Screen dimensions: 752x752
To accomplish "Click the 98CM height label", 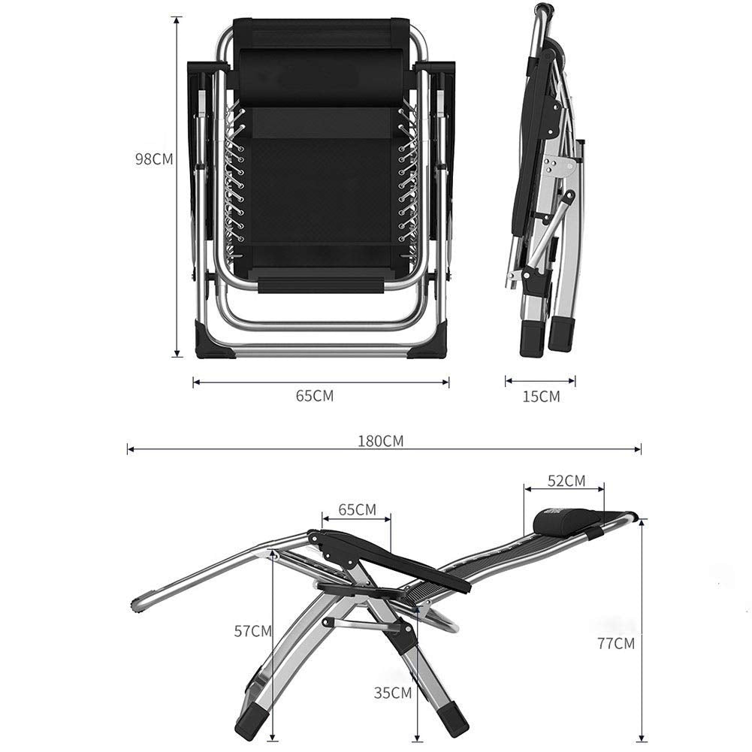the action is (154, 159).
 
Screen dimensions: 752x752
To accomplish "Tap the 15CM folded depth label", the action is (541, 397).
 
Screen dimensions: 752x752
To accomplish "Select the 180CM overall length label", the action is (381, 441).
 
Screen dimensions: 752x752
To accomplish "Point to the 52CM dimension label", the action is (566, 481).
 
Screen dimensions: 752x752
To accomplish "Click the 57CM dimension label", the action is (252, 631).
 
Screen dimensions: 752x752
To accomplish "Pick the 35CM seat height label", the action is (393, 693).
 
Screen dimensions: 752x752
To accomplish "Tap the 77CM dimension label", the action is (616, 643).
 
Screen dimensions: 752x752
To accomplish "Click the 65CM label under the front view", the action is (315, 396).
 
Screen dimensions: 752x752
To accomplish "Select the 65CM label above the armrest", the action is (358, 509).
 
